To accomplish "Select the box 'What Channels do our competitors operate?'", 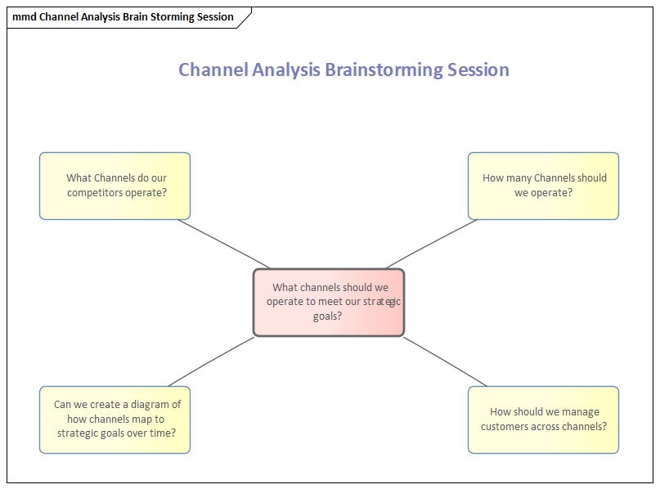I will [x=114, y=186].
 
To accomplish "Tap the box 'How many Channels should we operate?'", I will [x=543, y=186].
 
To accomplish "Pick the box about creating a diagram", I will [x=114, y=419].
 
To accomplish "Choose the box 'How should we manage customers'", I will [x=543, y=419].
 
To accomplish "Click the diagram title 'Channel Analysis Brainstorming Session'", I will [x=343, y=70].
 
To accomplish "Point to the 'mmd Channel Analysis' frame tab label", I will [x=123, y=17].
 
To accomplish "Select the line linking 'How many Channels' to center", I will [x=431, y=244].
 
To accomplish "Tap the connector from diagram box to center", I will [x=211, y=361].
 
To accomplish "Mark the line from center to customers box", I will [x=445, y=361].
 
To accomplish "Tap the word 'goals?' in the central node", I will [x=328, y=316].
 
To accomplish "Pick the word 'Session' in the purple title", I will [x=478, y=70].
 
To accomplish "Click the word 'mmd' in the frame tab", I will [x=24, y=17].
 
